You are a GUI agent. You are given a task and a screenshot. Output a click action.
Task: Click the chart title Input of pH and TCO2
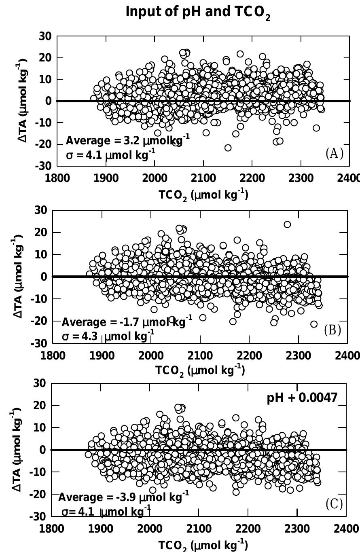pos(198,13)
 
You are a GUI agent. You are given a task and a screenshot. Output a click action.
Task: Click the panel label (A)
pos(334,154)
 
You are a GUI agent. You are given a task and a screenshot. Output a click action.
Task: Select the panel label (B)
pos(333,330)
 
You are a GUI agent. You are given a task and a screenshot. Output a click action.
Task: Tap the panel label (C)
pos(334,504)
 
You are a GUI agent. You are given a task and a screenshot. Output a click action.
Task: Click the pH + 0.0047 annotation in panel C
pos(302,398)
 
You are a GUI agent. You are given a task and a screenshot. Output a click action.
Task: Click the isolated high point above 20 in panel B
pos(287,224)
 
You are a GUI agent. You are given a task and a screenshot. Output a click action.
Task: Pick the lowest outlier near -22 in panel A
pos(228,148)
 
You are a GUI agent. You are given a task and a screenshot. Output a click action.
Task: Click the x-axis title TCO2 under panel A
pos(203,195)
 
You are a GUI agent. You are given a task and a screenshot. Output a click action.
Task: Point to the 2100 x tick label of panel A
pos(203,179)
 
